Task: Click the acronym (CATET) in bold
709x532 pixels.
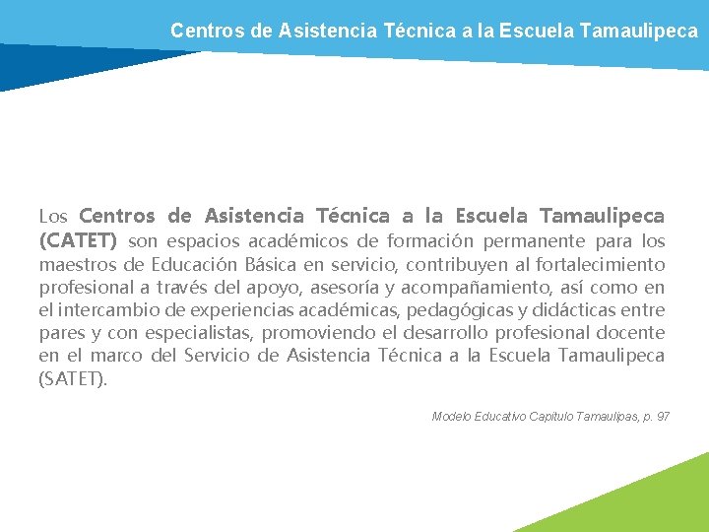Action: click(x=78, y=241)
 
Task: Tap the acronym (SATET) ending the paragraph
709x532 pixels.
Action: click(x=73, y=378)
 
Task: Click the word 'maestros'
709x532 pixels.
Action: click(x=79, y=264)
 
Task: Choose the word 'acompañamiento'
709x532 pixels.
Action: click(x=508, y=288)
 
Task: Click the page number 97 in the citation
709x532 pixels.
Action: click(x=662, y=417)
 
